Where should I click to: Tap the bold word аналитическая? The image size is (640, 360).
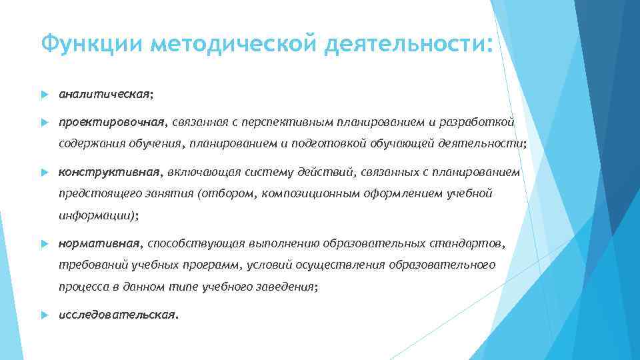click(x=104, y=94)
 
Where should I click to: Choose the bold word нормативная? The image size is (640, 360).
click(x=99, y=244)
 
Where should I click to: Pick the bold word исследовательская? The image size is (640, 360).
click(x=117, y=313)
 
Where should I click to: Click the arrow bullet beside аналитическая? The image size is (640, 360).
click(x=43, y=95)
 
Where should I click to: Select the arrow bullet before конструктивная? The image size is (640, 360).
click(x=43, y=173)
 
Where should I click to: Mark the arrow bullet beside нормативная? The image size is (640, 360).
click(x=43, y=245)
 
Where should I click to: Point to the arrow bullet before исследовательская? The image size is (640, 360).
click(x=43, y=314)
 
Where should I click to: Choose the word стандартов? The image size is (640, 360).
click(x=472, y=244)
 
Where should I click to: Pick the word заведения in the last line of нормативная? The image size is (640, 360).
click(x=288, y=287)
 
